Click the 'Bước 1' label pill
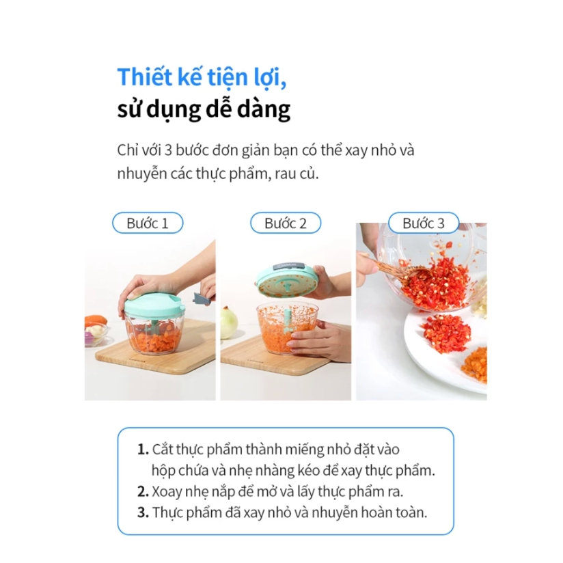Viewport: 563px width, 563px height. [x=148, y=223]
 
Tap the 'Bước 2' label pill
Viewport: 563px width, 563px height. [x=286, y=223]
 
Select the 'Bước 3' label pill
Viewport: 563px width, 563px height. [x=424, y=223]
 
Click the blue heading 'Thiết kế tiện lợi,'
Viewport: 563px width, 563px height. [x=202, y=77]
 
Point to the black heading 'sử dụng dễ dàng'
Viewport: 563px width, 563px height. [x=204, y=109]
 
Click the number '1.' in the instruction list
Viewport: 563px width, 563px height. [x=143, y=450]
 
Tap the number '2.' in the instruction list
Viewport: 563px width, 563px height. [x=143, y=491]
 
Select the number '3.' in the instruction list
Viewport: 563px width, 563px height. [x=143, y=512]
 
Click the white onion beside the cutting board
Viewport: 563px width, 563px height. [x=229, y=323]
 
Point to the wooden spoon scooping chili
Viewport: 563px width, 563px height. [x=395, y=269]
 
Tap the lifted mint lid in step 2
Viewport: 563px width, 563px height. [x=286, y=280]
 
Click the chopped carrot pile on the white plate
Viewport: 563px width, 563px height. [x=475, y=364]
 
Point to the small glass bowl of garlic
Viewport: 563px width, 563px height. [x=96, y=335]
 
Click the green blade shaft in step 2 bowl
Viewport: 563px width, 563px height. [x=288, y=320]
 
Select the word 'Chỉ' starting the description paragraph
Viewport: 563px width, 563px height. [x=127, y=150]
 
